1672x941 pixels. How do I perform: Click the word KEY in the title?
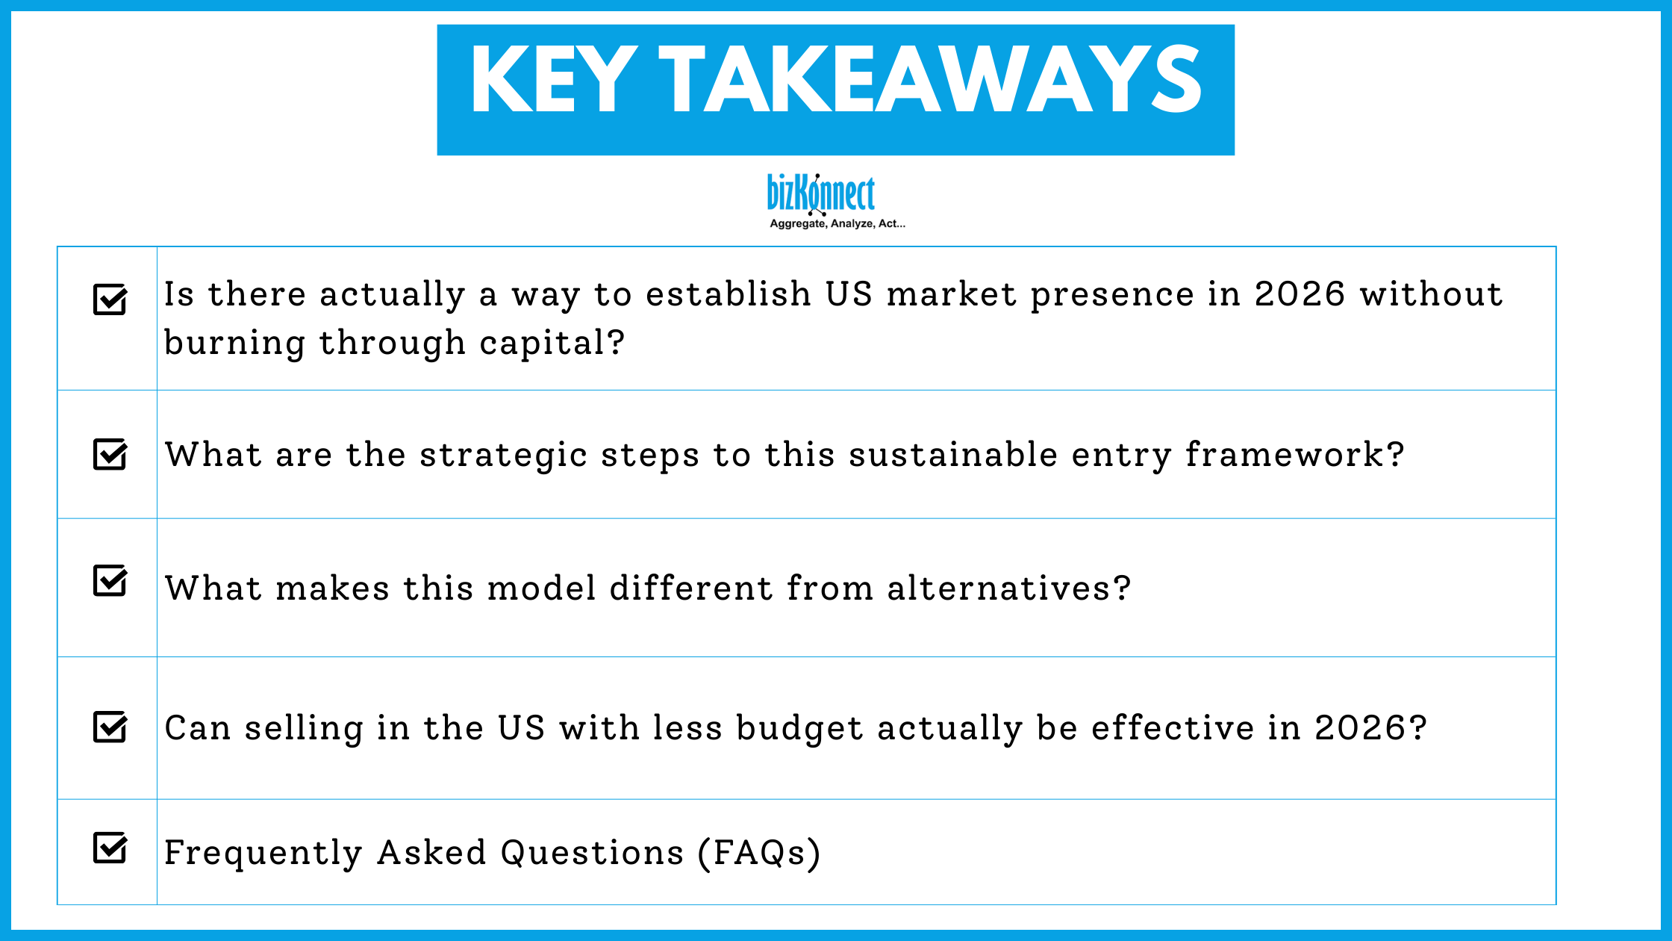pyautogui.click(x=554, y=80)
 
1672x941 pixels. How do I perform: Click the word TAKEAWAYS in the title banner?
pyautogui.click(x=930, y=80)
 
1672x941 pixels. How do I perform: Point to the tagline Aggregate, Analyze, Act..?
pyautogui.click(x=837, y=223)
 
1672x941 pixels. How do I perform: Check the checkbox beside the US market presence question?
pyautogui.click(x=110, y=299)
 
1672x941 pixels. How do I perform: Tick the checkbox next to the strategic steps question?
pyautogui.click(x=110, y=454)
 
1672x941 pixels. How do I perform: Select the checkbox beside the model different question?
pyautogui.click(x=110, y=580)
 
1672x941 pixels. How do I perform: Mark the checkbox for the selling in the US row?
pyautogui.click(x=110, y=727)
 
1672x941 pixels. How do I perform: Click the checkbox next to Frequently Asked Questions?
pyautogui.click(x=110, y=848)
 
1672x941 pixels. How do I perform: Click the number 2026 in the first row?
pyautogui.click(x=1300, y=294)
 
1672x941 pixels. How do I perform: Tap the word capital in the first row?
pyautogui.click(x=551, y=343)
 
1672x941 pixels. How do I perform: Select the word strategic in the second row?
pyautogui.click(x=503, y=455)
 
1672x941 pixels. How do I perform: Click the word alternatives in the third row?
pyautogui.click(x=1008, y=588)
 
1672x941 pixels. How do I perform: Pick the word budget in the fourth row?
pyautogui.click(x=799, y=728)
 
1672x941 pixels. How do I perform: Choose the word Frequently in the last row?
pyautogui.click(x=263, y=853)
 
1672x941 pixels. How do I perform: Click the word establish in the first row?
pyautogui.click(x=728, y=294)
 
